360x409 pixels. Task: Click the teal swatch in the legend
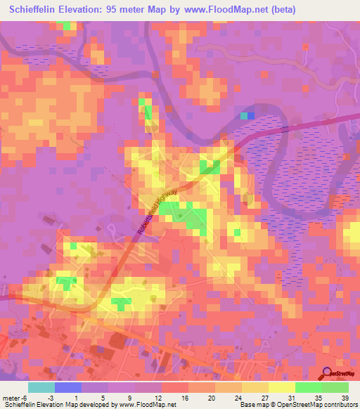(41, 387)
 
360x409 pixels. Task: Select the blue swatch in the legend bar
(68, 387)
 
